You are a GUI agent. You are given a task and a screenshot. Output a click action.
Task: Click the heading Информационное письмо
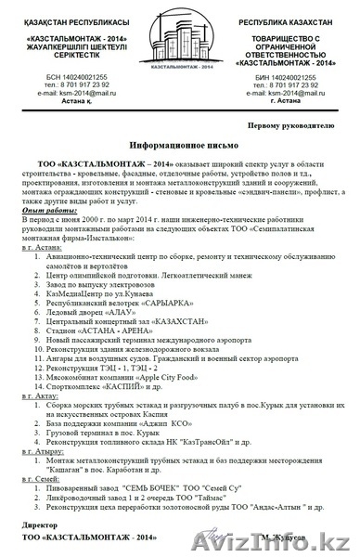179,146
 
